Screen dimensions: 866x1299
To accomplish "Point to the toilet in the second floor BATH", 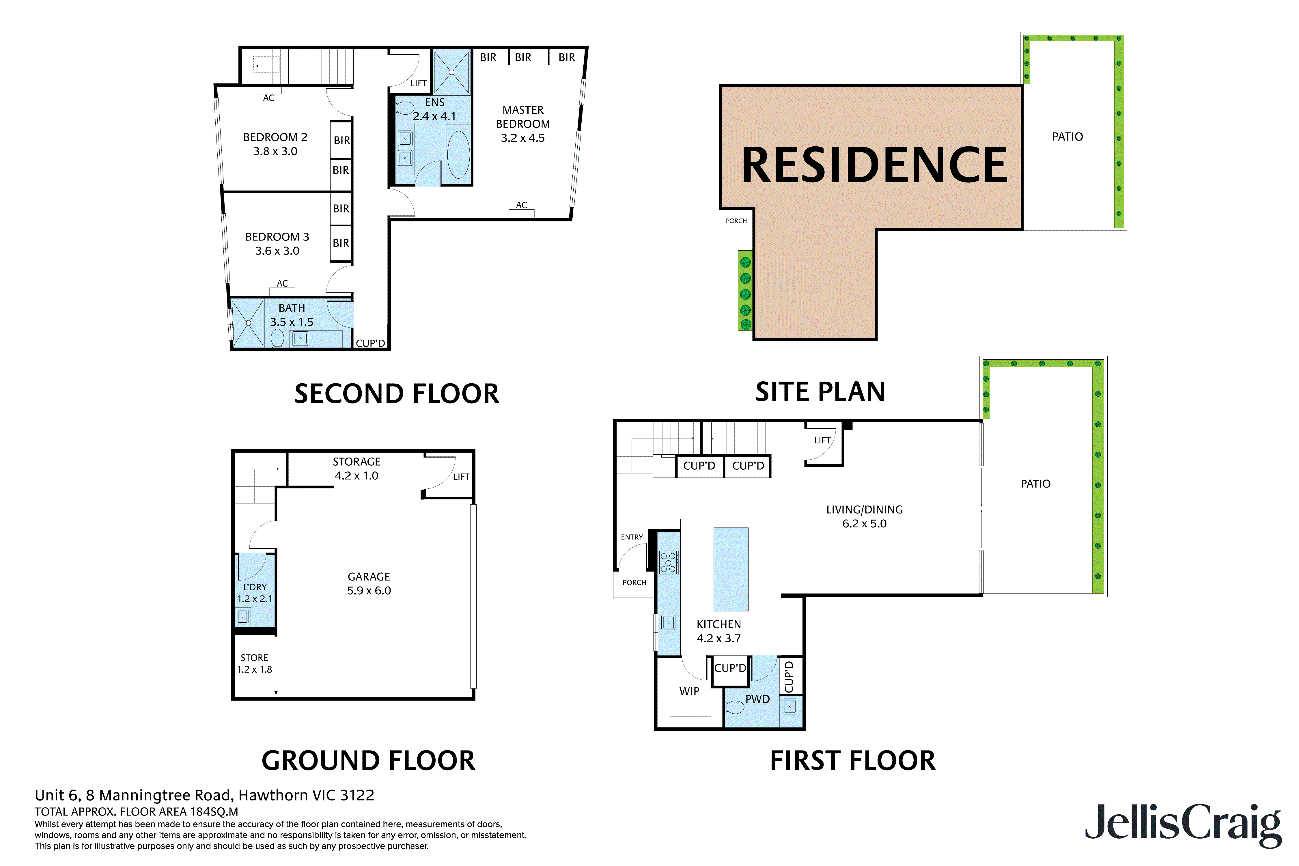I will (277, 338).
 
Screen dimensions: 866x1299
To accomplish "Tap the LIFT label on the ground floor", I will (461, 477).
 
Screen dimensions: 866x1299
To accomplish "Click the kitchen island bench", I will (731, 569).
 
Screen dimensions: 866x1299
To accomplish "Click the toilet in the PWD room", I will (735, 707).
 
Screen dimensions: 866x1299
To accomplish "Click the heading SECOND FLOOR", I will (397, 394).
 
